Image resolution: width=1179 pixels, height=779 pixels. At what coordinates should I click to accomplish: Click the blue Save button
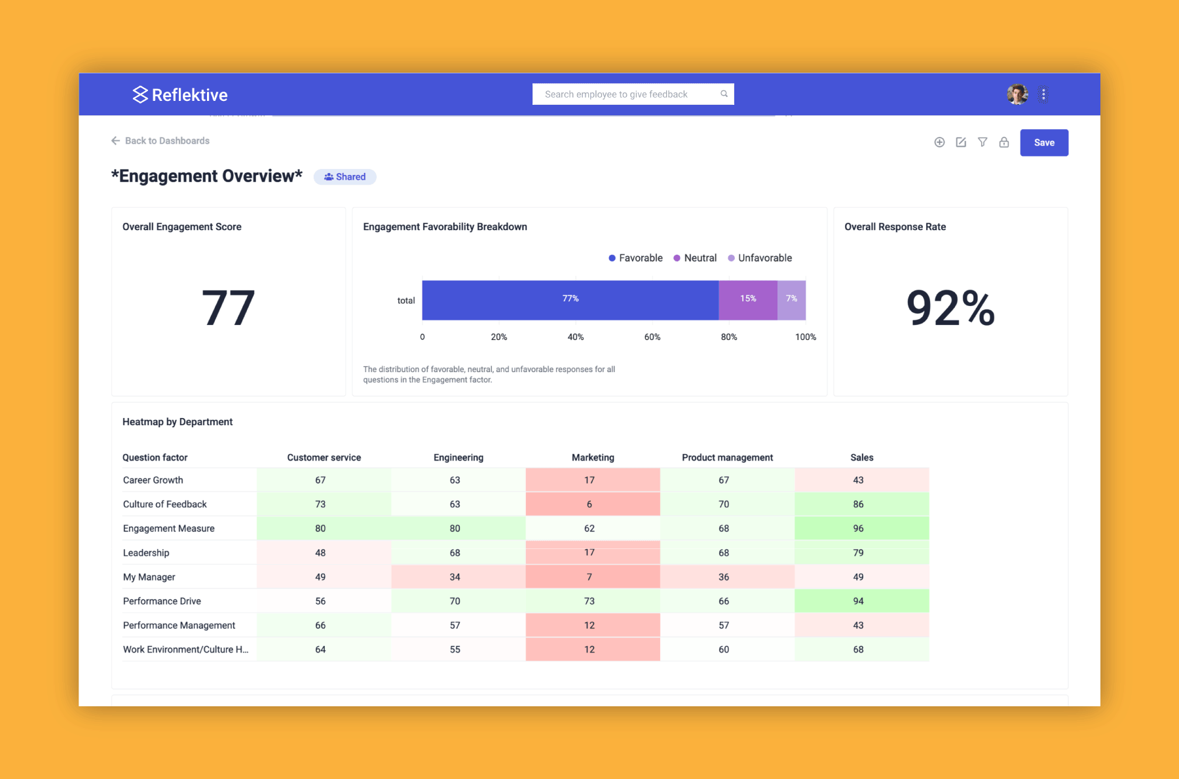tap(1043, 143)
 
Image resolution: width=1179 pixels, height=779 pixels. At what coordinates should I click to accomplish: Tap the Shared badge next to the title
tap(345, 177)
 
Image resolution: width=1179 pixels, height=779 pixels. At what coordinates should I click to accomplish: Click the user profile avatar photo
tap(1017, 94)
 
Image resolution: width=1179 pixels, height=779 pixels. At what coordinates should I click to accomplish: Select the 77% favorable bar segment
tap(570, 300)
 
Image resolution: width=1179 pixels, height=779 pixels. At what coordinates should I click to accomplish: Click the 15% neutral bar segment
tap(747, 300)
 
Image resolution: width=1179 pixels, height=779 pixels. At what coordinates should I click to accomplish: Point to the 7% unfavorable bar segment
tap(791, 300)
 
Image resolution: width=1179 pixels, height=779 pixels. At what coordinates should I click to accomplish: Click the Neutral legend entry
tap(695, 258)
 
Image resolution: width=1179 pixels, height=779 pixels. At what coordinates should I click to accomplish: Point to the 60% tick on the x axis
tap(652, 337)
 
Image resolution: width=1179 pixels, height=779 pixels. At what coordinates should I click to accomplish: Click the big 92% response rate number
tap(950, 308)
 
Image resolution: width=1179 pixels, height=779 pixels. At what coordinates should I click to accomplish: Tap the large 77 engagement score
tap(228, 308)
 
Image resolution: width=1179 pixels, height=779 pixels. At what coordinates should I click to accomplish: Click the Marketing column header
tap(593, 457)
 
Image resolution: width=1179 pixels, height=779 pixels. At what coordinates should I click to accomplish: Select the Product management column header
tap(727, 457)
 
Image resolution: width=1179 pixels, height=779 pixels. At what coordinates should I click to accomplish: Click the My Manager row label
tap(149, 577)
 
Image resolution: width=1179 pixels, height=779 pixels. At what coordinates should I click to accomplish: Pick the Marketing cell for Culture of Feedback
tap(589, 504)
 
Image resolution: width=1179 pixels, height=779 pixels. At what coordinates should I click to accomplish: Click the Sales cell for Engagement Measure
tap(858, 529)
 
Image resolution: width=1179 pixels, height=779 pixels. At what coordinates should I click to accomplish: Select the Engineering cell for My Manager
tap(455, 577)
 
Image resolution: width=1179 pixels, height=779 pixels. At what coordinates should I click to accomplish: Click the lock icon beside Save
tap(1003, 142)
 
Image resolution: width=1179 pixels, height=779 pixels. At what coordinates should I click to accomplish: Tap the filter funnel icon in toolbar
tap(982, 142)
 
